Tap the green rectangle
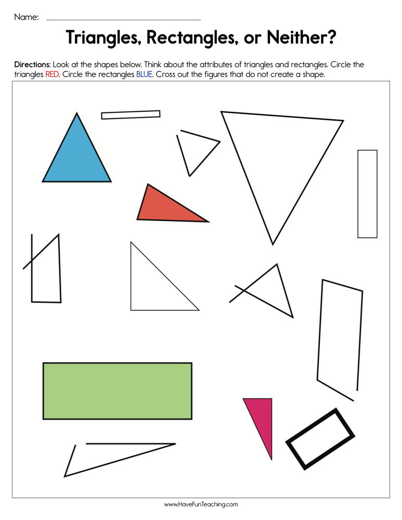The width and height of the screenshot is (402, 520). (117, 391)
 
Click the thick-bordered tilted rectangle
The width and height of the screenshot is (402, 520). (320, 439)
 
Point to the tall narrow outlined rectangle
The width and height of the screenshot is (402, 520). (367, 194)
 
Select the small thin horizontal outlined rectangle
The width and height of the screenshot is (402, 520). (131, 114)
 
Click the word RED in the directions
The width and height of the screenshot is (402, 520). (52, 74)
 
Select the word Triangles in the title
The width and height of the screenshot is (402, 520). (103, 38)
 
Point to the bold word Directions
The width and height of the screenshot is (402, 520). (32, 65)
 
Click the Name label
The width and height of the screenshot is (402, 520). (26, 17)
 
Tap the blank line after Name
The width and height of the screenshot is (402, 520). (123, 19)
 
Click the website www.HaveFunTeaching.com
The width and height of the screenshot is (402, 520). (201, 504)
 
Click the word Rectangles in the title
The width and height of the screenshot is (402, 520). (195, 38)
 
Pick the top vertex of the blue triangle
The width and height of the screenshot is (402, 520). (77, 114)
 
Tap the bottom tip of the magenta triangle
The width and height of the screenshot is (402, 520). (271, 458)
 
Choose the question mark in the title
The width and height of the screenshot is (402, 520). (331, 38)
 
